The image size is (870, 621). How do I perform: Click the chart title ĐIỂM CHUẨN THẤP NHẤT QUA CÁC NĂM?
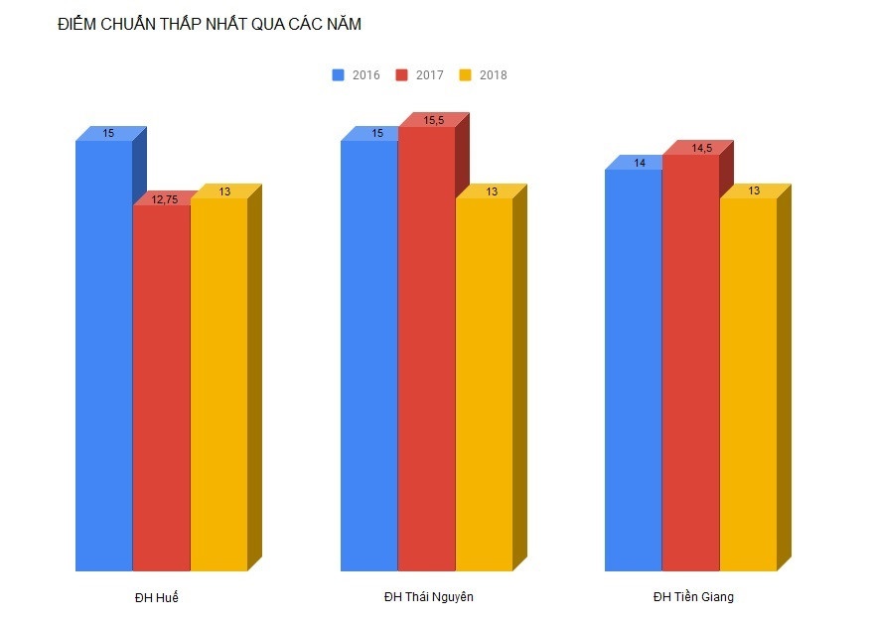point(209,25)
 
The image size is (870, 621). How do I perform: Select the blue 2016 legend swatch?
point(338,75)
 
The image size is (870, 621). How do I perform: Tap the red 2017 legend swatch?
point(401,75)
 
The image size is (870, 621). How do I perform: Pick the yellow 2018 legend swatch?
point(465,75)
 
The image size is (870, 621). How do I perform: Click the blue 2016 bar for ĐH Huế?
point(103,357)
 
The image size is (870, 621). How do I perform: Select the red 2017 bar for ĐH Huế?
point(161,387)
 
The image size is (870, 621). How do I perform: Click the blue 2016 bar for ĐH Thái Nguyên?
point(368,357)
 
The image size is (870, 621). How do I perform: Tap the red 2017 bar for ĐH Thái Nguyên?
point(426,347)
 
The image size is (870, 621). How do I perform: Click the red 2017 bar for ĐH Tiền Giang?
point(690,362)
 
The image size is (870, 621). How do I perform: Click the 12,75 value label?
point(165,199)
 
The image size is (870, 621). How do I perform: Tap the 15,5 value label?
point(433,121)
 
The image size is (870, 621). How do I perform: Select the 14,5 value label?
point(701,149)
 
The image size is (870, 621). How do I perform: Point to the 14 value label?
point(641,163)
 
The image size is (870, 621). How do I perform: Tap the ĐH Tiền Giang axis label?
point(693,596)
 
